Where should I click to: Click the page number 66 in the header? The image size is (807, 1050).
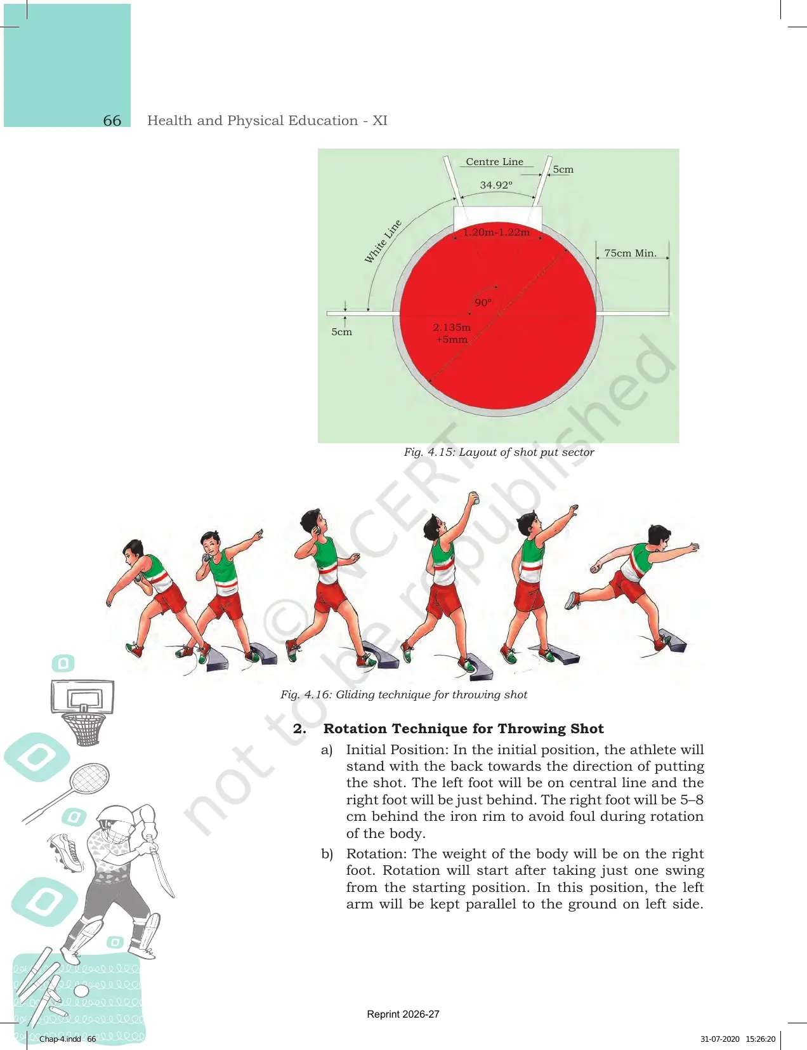pos(112,121)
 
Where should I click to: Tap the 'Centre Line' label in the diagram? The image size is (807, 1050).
pos(494,162)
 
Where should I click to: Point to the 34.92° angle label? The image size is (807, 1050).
pos(496,185)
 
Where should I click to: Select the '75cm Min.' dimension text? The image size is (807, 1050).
pos(630,253)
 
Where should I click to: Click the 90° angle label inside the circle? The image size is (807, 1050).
pos(483,302)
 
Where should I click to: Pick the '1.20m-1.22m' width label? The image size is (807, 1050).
pos(497,232)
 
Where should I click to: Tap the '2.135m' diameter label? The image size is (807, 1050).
pos(452,327)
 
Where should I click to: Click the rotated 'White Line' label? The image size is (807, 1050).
pos(383,242)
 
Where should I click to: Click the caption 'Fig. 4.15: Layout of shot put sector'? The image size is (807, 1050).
pos(499,452)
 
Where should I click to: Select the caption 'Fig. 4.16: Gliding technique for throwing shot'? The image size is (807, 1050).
pos(403,695)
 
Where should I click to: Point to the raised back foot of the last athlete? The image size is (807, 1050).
pos(572,601)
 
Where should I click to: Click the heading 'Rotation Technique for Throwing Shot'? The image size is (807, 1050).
pos(464,729)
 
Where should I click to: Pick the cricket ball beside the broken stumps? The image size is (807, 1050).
pos(82,992)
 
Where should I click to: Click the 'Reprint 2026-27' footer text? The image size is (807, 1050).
pos(403,1014)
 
